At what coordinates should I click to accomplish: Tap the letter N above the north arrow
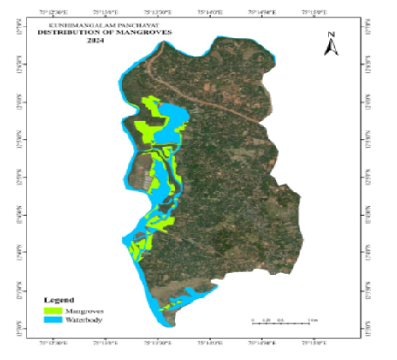point(331,34)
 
